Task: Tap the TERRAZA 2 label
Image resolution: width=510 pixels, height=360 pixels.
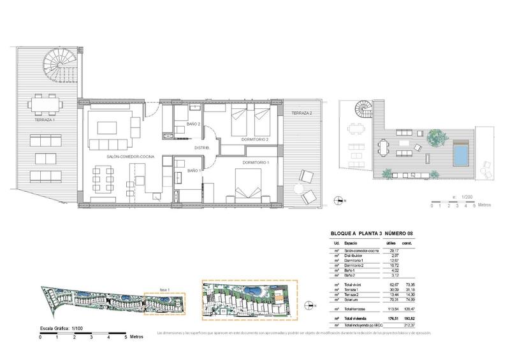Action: coord(302,113)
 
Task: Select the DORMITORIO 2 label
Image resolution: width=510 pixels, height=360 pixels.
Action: coord(255,139)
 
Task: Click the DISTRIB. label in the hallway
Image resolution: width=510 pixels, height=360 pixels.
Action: coord(203,148)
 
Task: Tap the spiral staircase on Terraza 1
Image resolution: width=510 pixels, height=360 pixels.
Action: coord(57,68)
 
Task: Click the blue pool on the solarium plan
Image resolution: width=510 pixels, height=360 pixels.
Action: coord(459,153)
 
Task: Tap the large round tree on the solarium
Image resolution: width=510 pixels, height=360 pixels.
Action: coord(435,136)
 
